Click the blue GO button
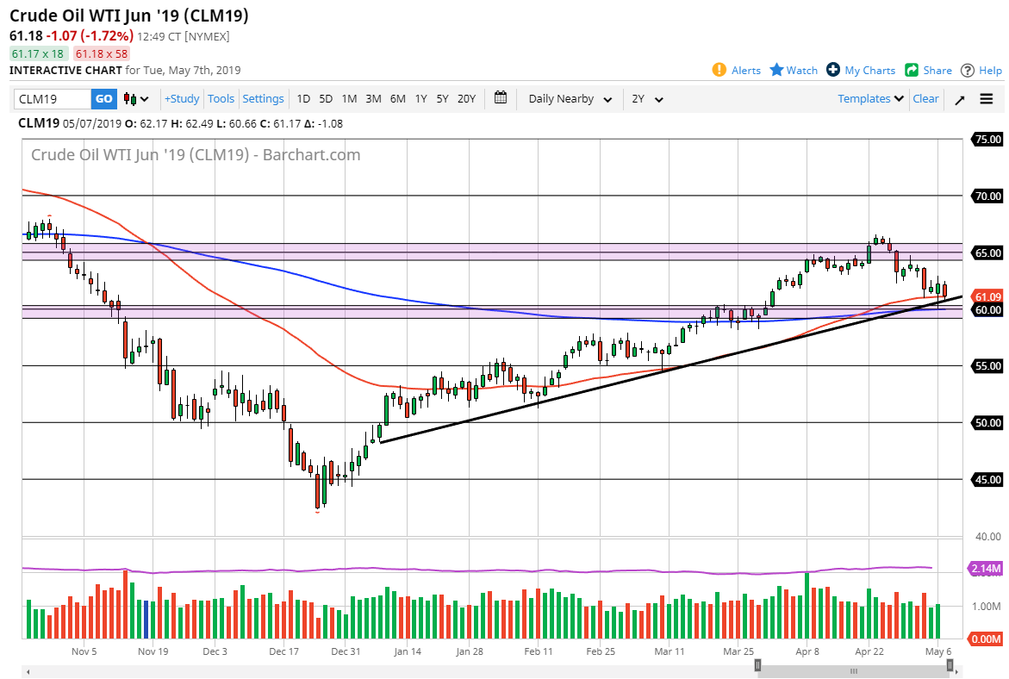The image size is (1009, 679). tap(103, 99)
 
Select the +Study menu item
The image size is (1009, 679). tap(182, 99)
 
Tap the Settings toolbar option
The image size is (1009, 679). tap(263, 99)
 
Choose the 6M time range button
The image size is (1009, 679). tap(397, 99)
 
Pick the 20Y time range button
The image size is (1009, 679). tap(466, 99)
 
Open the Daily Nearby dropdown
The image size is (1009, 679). tap(570, 99)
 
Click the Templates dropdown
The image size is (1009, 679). tap(870, 99)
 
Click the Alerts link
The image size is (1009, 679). tap(737, 71)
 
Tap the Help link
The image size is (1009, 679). tap(981, 71)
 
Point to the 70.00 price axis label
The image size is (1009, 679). tap(987, 196)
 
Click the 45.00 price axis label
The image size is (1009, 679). tap(987, 480)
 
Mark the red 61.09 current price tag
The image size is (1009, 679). tap(987, 296)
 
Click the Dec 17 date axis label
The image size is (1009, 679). tap(283, 651)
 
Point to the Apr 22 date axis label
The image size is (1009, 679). tap(869, 651)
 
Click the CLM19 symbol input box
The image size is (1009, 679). tap(52, 99)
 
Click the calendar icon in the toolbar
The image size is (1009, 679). tap(501, 98)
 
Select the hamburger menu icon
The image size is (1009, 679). tap(987, 99)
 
